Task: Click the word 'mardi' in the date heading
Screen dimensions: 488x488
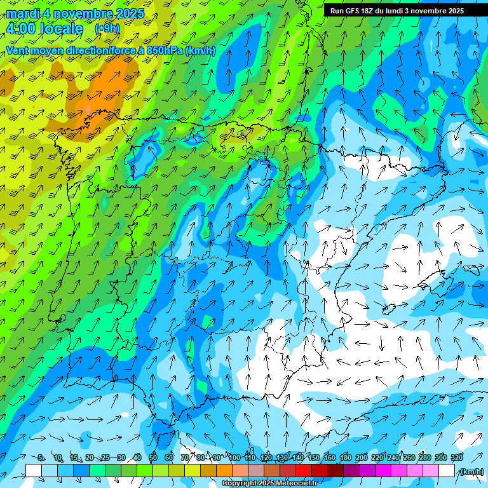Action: point(23,13)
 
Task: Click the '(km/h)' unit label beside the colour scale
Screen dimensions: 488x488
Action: point(471,471)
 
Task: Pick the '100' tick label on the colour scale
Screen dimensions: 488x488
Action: point(234,457)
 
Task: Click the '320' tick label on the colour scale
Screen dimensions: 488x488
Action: point(456,457)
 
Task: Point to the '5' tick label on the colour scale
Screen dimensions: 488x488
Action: point(41,457)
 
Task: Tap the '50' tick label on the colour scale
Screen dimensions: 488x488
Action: point(153,457)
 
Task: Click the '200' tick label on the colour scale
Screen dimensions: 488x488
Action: point(361,457)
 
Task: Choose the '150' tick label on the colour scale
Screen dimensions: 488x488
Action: point(314,457)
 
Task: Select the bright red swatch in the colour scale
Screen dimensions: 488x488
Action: point(304,471)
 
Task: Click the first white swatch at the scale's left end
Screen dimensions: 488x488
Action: point(34,471)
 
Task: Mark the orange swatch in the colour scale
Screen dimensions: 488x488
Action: point(224,471)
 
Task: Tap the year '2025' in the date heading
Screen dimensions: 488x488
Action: point(129,13)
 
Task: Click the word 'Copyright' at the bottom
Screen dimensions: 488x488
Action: point(239,484)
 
